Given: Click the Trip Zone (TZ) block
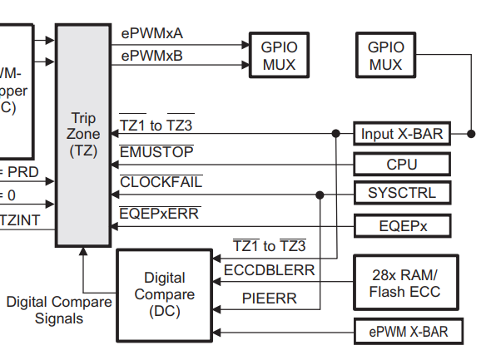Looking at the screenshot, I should [x=84, y=135].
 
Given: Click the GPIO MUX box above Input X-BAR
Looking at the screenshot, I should [x=385, y=55].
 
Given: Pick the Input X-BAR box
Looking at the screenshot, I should [x=402, y=133].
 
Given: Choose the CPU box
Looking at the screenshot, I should [x=402, y=164].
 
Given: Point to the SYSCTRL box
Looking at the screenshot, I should [x=402, y=195].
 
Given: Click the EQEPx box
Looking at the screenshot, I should [x=402, y=225].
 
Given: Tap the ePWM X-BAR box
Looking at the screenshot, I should [x=408, y=332].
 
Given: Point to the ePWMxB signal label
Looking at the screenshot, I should [x=152, y=56].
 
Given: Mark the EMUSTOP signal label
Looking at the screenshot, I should [x=156, y=152].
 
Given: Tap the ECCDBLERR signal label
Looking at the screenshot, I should [x=269, y=270].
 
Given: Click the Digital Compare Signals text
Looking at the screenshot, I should [x=58, y=309].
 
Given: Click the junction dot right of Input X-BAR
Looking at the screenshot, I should [x=471, y=133].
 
